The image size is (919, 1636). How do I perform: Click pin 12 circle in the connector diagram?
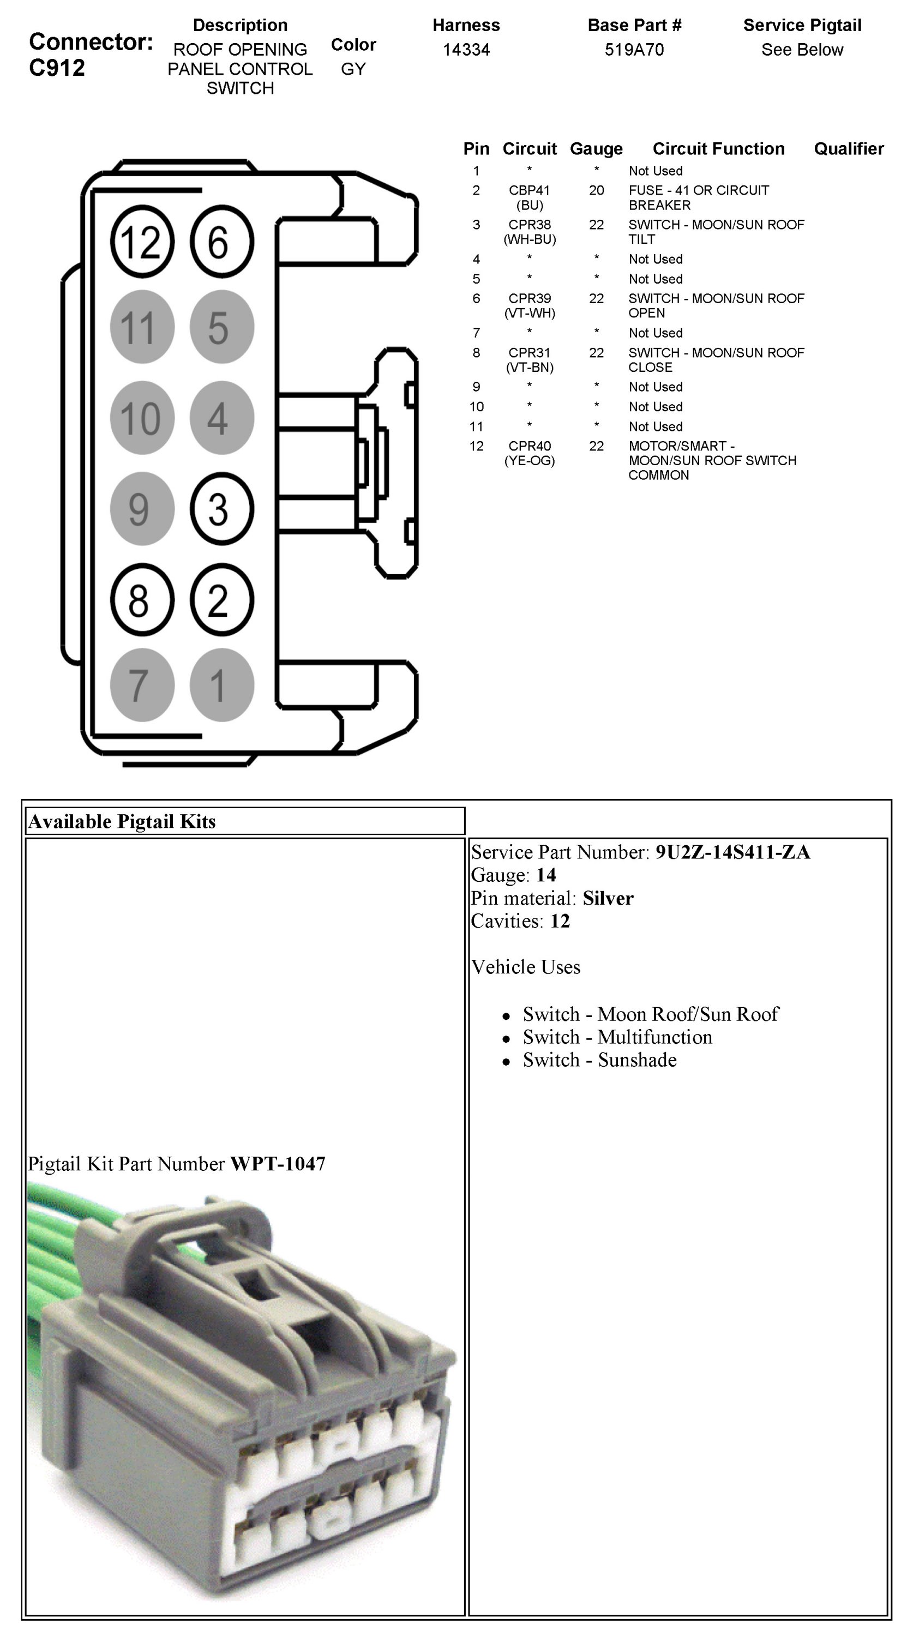[x=142, y=242]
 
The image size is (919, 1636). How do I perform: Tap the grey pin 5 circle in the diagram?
[x=221, y=327]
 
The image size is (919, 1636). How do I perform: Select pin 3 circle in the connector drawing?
[x=221, y=509]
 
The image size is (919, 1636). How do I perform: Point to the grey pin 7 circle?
[x=142, y=684]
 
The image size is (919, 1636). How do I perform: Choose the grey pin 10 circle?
[x=142, y=418]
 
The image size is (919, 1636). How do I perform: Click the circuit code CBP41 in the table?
[x=529, y=190]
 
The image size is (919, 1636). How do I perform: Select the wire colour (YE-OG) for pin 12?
[x=529, y=461]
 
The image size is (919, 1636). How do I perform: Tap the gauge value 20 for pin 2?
[x=596, y=190]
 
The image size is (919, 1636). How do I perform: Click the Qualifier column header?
[x=849, y=149]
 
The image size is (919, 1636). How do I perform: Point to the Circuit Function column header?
[x=718, y=149]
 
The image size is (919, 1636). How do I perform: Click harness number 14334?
[x=466, y=50]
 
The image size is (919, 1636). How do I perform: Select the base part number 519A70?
[x=634, y=50]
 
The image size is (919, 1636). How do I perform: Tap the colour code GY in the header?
[x=353, y=69]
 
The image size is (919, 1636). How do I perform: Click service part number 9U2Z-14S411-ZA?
[x=732, y=852]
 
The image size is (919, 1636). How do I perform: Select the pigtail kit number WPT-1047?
[x=278, y=1164]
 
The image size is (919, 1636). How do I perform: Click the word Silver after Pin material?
[x=608, y=898]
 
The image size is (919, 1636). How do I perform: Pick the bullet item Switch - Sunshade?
[x=599, y=1060]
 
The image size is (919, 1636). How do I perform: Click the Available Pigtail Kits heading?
[x=122, y=822]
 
